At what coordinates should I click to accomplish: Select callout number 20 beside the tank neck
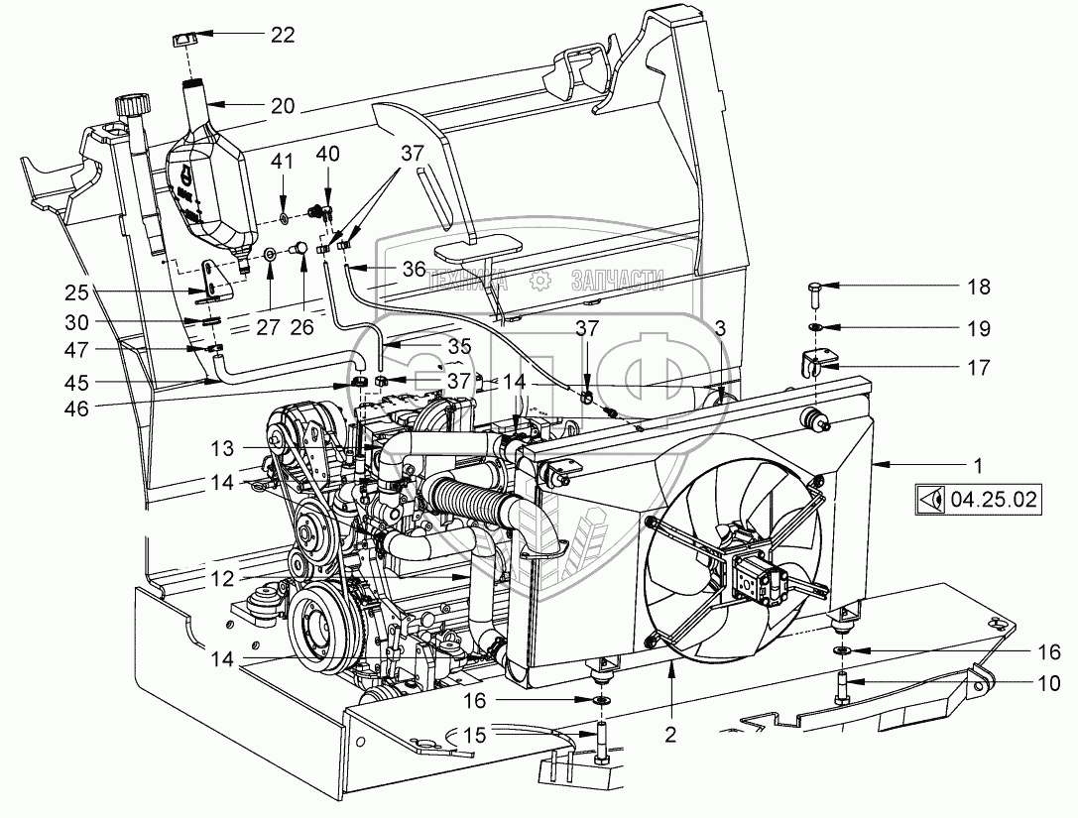coord(282,106)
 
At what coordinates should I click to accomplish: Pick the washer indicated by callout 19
coord(814,326)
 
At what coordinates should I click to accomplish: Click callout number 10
coord(1050,683)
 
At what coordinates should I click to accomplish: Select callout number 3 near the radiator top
coord(720,327)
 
